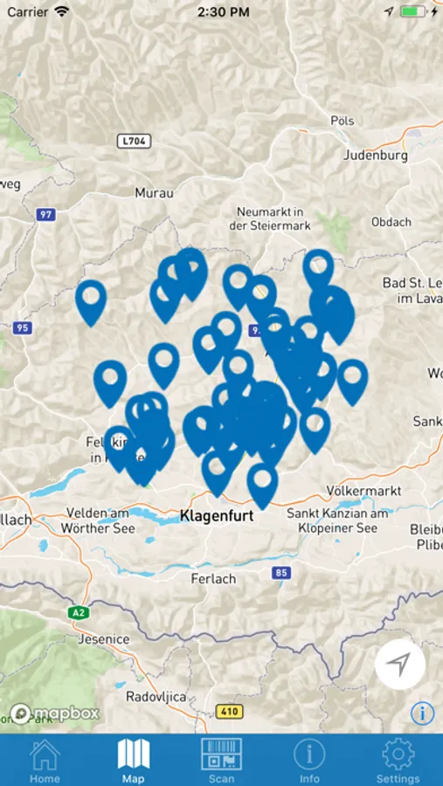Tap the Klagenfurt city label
coord(217,516)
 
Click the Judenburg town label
coord(376,155)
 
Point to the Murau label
coord(155,193)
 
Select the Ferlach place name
coord(214,578)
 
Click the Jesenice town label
coord(104,639)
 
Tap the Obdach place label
coord(391,222)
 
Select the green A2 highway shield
coord(78,613)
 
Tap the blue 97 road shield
coord(46,214)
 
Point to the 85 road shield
coord(280,573)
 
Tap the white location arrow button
coord(399,665)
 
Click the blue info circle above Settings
coord(422,713)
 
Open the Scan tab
coord(221,760)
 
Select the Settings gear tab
coord(398,760)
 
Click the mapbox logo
coord(54,713)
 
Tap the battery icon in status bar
coord(412,12)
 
